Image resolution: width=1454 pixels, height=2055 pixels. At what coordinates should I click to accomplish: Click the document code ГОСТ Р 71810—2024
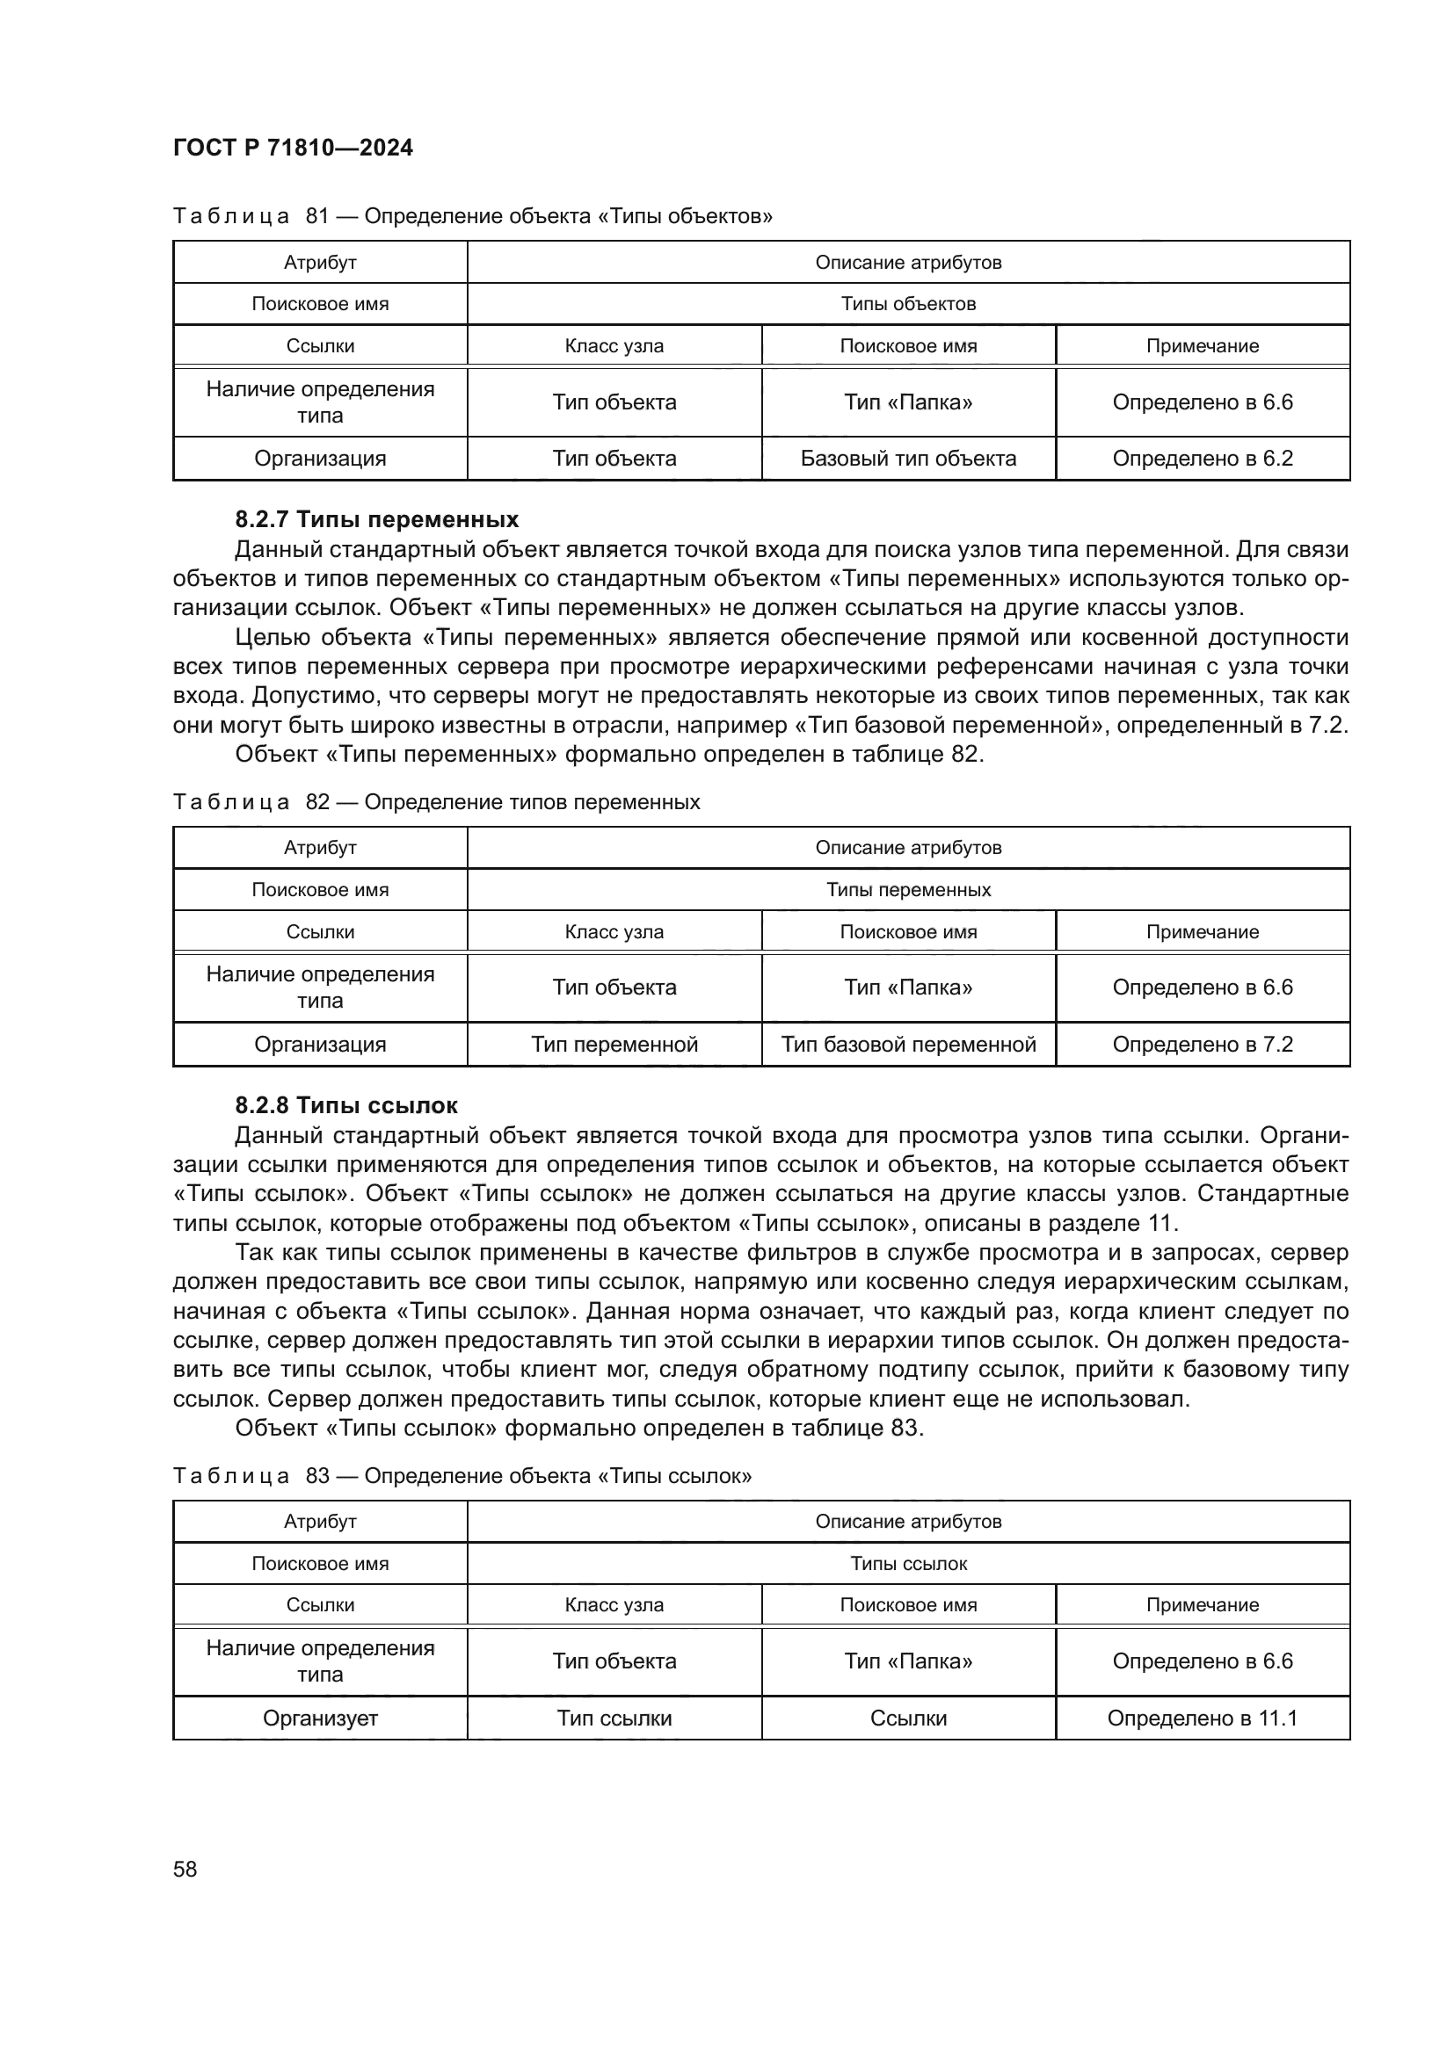click(x=293, y=148)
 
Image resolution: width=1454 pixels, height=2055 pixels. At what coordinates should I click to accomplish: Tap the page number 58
click(x=185, y=1869)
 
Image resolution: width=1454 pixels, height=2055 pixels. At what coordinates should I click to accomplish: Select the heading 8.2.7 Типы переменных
click(x=376, y=519)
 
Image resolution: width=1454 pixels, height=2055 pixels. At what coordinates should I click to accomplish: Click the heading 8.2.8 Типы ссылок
click(x=345, y=1105)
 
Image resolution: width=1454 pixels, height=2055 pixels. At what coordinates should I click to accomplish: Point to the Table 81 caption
click(x=473, y=216)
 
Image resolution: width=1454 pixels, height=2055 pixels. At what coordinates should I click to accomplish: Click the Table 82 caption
click(x=436, y=802)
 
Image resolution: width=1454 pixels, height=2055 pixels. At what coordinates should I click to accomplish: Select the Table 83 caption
click(x=462, y=1476)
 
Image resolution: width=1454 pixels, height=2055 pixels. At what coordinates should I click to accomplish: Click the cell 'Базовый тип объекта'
click(x=908, y=459)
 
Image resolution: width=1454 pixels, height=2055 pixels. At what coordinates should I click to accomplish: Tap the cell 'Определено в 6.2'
click(x=1203, y=459)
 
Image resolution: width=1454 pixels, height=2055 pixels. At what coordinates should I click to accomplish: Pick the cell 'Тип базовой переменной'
click(x=908, y=1045)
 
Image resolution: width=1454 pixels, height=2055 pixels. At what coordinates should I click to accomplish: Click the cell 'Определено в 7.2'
click(x=1203, y=1045)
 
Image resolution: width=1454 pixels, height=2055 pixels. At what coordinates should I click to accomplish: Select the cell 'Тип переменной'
click(x=614, y=1045)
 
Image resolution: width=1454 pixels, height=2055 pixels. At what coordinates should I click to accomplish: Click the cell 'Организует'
click(x=320, y=1719)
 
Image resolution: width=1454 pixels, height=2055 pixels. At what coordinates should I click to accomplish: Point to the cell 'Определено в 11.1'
click(x=1203, y=1719)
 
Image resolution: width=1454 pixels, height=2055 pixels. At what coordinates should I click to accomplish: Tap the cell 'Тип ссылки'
click(x=614, y=1719)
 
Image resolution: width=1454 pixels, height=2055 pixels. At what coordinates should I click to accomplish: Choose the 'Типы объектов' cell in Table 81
click(x=908, y=303)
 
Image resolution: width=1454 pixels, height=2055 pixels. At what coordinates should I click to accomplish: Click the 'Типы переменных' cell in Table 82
click(x=908, y=890)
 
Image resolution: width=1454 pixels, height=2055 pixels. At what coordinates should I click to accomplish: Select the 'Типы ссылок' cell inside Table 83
click(x=908, y=1564)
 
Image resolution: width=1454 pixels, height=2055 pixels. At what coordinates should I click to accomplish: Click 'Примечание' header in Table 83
click(x=1203, y=1605)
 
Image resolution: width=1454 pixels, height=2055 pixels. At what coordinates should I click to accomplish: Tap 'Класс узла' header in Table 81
click(x=614, y=346)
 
